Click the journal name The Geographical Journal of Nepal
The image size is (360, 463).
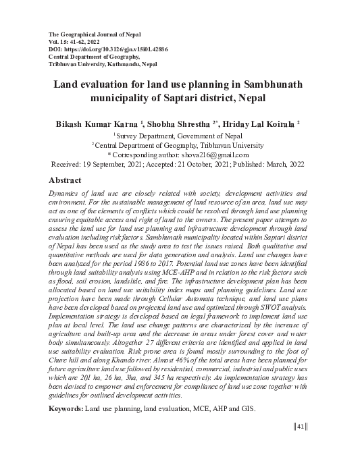[x=95, y=34]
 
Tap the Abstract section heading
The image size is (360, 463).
[x=65, y=180]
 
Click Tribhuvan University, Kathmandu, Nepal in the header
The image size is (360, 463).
[x=103, y=65]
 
